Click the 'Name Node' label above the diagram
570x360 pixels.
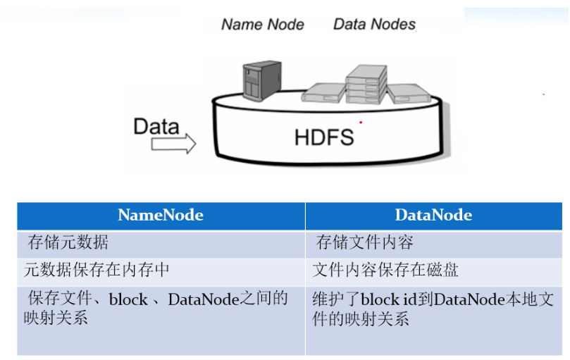tap(262, 25)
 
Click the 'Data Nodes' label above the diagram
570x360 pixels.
tap(374, 25)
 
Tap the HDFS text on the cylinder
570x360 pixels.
tap(323, 136)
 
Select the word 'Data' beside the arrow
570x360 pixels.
tap(156, 127)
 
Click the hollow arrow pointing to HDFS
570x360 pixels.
tap(173, 144)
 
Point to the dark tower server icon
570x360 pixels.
tap(261, 81)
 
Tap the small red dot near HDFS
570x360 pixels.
tap(361, 123)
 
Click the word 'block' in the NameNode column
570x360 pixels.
tap(128, 299)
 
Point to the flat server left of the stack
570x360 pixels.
tap(322, 93)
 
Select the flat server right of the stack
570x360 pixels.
tap(408, 94)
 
